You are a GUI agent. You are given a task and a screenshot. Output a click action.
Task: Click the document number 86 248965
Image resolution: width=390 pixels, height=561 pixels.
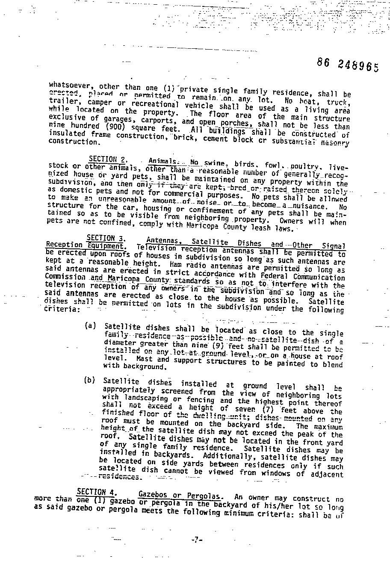click(x=348, y=65)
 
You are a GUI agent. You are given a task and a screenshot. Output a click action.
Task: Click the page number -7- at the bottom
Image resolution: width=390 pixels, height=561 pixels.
click(x=196, y=540)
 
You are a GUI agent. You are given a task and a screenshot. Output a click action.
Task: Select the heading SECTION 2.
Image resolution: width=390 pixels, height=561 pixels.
click(x=103, y=159)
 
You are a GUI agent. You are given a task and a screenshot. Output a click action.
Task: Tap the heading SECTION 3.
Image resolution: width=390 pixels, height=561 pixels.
click(x=101, y=238)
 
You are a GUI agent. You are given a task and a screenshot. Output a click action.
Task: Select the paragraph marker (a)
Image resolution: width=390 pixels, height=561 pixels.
click(x=90, y=326)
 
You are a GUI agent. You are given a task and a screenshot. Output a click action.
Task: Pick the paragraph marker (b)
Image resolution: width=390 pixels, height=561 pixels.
click(x=90, y=380)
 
